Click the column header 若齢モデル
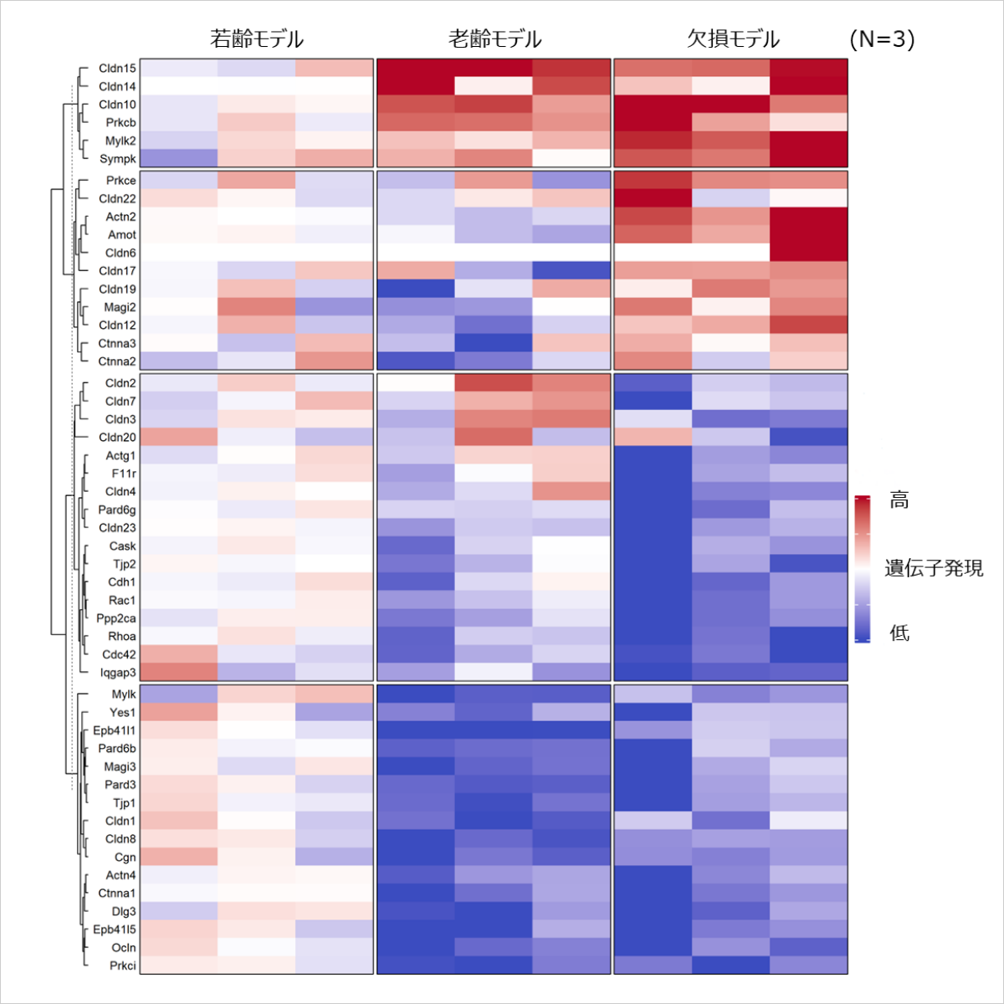[x=256, y=39]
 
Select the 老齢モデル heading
[x=494, y=39]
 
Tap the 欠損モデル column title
[x=733, y=39]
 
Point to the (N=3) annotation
[x=881, y=39]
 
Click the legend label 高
[x=899, y=500]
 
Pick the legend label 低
[x=899, y=633]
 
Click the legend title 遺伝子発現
[x=934, y=569]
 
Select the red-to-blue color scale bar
[x=863, y=569]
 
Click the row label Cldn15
[x=117, y=69]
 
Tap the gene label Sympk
[x=118, y=159]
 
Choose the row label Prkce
[x=120, y=181]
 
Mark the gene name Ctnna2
[x=117, y=361]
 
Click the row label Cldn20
[x=117, y=437]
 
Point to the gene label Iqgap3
[x=118, y=673]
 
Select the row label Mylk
[x=124, y=694]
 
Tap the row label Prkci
[x=123, y=966]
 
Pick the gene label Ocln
[x=124, y=948]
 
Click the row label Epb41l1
[x=115, y=730]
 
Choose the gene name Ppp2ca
[x=116, y=618]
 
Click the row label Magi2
[x=120, y=307]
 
